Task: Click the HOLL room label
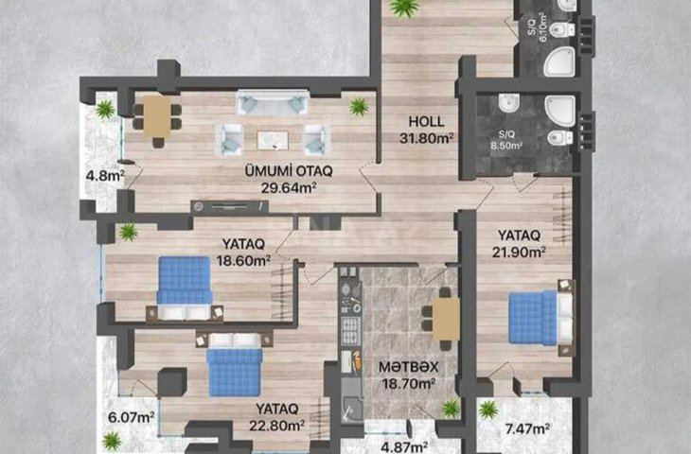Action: [x=426, y=121]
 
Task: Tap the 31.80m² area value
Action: [x=427, y=138]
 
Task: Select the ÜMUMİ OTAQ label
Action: [x=289, y=171]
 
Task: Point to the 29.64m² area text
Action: [x=289, y=188]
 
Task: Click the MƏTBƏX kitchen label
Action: [x=409, y=367]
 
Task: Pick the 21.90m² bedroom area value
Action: [x=519, y=253]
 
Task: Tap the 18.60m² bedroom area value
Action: [x=243, y=261]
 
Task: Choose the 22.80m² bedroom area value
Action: [x=276, y=426]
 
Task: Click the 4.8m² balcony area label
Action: [x=105, y=176]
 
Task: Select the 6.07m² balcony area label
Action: [x=132, y=417]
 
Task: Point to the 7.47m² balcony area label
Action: [x=527, y=428]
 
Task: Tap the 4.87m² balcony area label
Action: [x=404, y=447]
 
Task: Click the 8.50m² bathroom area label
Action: [x=506, y=146]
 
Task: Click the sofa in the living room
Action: [x=273, y=102]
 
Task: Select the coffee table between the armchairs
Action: [x=273, y=141]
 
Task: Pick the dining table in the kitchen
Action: [x=446, y=319]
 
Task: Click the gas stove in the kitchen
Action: [x=351, y=331]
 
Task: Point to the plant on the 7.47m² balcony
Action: [x=488, y=410]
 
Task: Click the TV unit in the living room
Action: [x=229, y=206]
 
